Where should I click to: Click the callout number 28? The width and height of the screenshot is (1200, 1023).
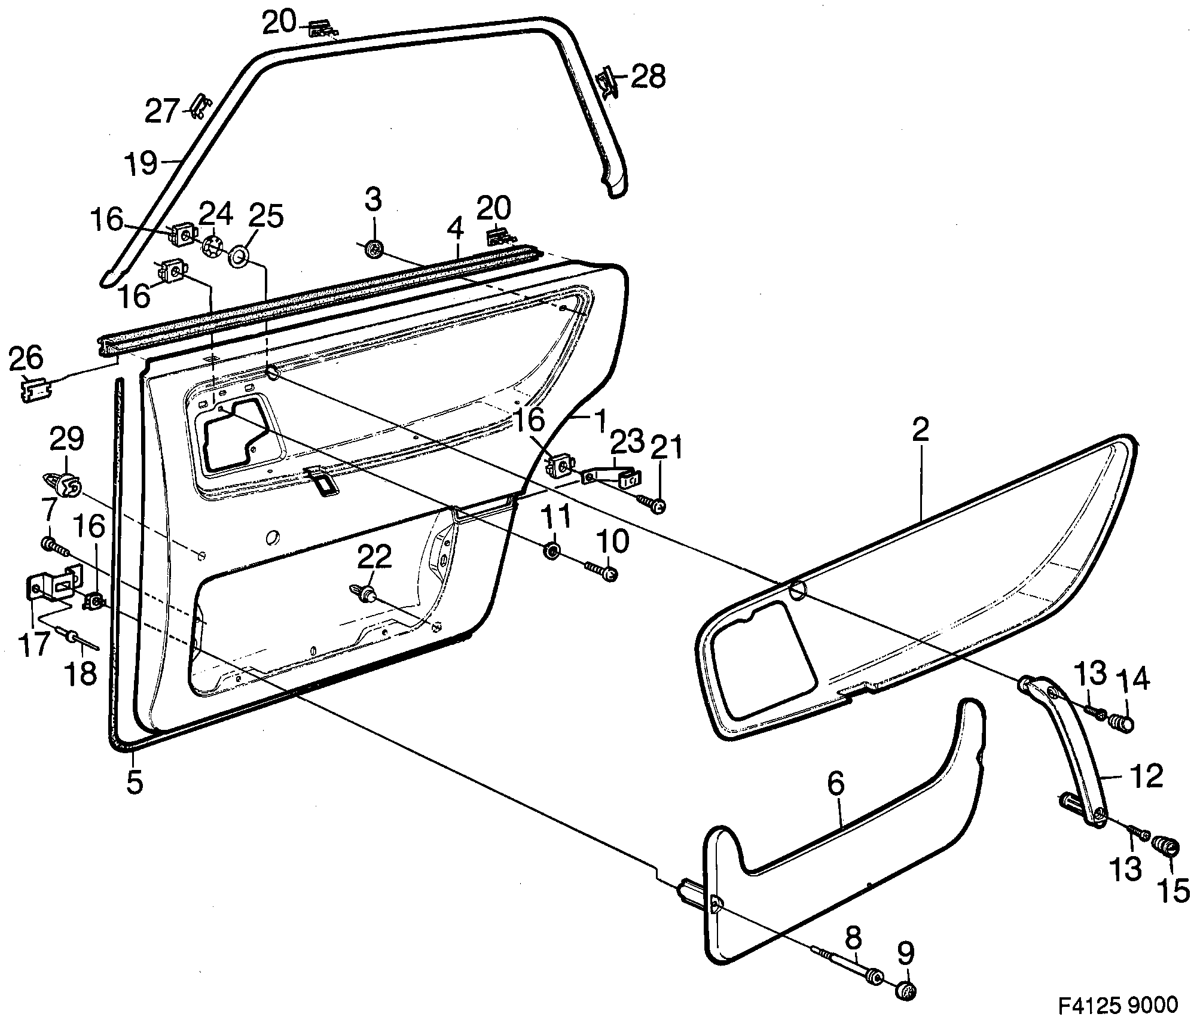(x=648, y=77)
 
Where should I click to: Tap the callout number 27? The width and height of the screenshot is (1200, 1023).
(x=162, y=111)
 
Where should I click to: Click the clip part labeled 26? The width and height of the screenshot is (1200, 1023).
(x=36, y=390)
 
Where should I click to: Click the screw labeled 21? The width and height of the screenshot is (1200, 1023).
(x=651, y=504)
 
